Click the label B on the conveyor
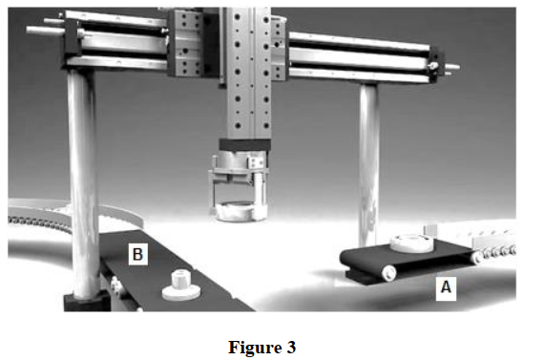click(x=137, y=253)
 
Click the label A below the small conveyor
click(x=445, y=285)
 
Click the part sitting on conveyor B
click(x=178, y=284)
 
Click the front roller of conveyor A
click(x=389, y=272)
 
